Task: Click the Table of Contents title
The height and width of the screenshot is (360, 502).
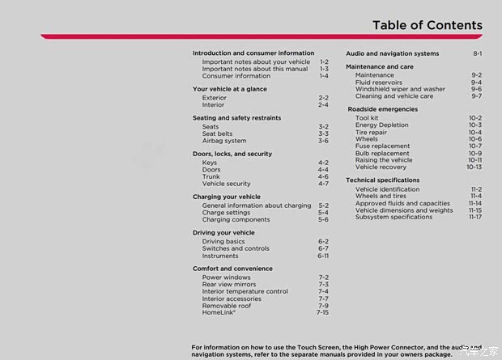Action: coord(427,24)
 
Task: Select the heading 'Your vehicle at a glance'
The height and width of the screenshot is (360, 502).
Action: coord(230,89)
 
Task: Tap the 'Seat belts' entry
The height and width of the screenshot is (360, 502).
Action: coord(218,133)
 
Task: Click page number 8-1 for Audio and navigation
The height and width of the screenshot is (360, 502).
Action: coord(478,53)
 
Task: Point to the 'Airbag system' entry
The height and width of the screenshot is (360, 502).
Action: coord(224,141)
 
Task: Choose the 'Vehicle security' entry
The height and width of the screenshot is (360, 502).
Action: coord(227,184)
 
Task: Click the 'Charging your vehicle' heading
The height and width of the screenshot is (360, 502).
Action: coord(227,197)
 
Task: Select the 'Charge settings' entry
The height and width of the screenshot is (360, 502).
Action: coord(227,213)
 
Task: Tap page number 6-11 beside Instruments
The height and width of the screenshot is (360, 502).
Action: coord(322,256)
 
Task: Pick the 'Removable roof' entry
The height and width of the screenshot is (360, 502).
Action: coord(227,306)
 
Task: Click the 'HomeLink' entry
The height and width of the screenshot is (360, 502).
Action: coord(219,312)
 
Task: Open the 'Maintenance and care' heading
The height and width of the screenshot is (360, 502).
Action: coord(379,66)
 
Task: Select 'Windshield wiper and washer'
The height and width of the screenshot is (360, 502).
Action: coord(400,89)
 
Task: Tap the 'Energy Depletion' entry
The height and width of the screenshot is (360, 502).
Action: coord(382,125)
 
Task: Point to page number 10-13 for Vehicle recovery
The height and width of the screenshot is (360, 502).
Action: coord(474,167)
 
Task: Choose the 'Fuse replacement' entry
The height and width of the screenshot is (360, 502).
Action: coord(382,146)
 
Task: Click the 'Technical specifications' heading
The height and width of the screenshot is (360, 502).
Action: coord(383,180)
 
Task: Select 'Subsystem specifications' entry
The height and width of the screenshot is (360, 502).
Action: coord(394,217)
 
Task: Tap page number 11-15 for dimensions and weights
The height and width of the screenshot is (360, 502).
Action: coord(474,210)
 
